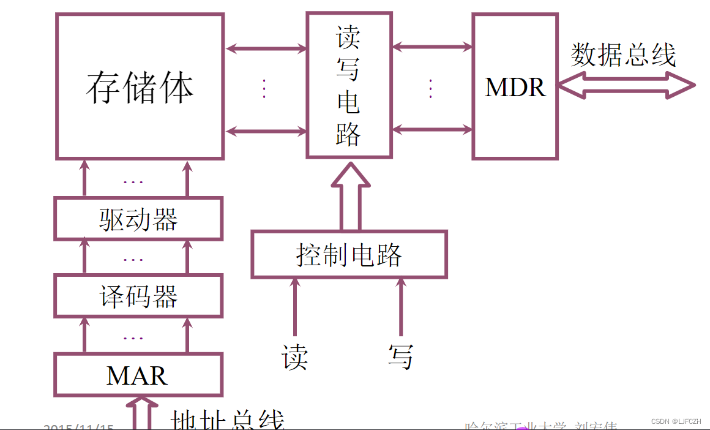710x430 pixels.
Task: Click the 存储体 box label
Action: click(140, 87)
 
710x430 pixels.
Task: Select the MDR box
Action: click(515, 87)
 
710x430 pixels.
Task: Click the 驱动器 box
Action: click(138, 219)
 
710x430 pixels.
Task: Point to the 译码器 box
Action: click(138, 296)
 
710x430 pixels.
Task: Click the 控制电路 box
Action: click(349, 254)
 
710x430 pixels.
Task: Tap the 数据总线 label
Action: click(623, 56)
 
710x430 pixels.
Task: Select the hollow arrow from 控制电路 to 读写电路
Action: click(350, 197)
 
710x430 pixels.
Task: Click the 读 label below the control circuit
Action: click(294, 357)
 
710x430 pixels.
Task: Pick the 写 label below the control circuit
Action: click(401, 356)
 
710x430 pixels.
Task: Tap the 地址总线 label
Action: click(227, 421)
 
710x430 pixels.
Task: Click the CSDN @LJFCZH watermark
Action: click(676, 421)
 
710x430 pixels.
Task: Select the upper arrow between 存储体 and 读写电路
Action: click(266, 48)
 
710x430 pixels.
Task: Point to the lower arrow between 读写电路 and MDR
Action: click(432, 129)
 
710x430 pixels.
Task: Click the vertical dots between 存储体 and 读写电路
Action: click(264, 89)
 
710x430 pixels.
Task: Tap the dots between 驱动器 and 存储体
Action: click(133, 182)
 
